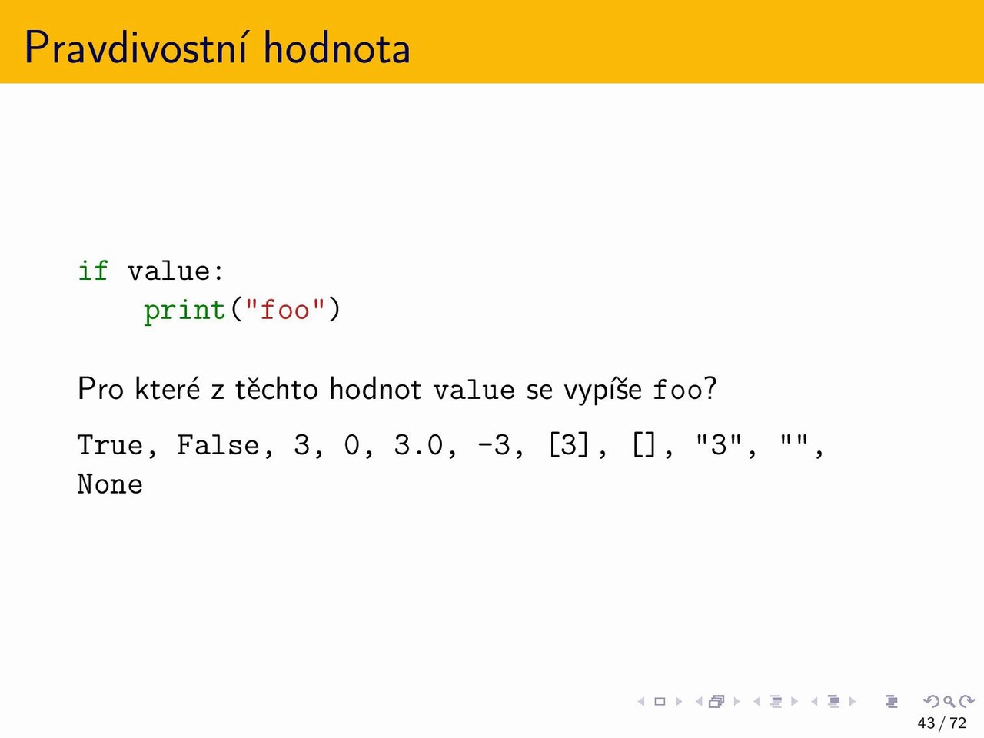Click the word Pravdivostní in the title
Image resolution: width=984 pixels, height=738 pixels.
(x=136, y=47)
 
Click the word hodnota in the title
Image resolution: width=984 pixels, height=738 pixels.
(x=336, y=47)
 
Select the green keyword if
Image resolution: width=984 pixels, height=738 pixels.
(x=93, y=270)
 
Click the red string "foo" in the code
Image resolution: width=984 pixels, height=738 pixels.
(x=284, y=309)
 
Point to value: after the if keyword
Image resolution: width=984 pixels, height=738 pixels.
(x=175, y=271)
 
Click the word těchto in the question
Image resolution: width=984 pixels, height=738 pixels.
(x=277, y=388)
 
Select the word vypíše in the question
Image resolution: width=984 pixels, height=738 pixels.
(x=603, y=390)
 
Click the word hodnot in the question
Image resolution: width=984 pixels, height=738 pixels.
(x=375, y=388)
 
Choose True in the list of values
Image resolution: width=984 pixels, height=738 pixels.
(x=110, y=445)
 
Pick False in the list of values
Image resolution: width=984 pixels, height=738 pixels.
(x=218, y=445)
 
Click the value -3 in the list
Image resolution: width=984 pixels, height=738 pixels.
(x=494, y=445)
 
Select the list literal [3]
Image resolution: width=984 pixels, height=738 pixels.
(x=568, y=445)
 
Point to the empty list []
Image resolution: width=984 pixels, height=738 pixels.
(x=643, y=445)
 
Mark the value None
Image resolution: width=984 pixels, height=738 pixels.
(x=110, y=485)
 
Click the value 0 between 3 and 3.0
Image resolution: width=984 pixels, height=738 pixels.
(x=352, y=445)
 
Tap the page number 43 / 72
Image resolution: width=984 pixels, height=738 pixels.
(x=942, y=723)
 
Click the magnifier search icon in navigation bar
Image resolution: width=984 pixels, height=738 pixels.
(x=949, y=701)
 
